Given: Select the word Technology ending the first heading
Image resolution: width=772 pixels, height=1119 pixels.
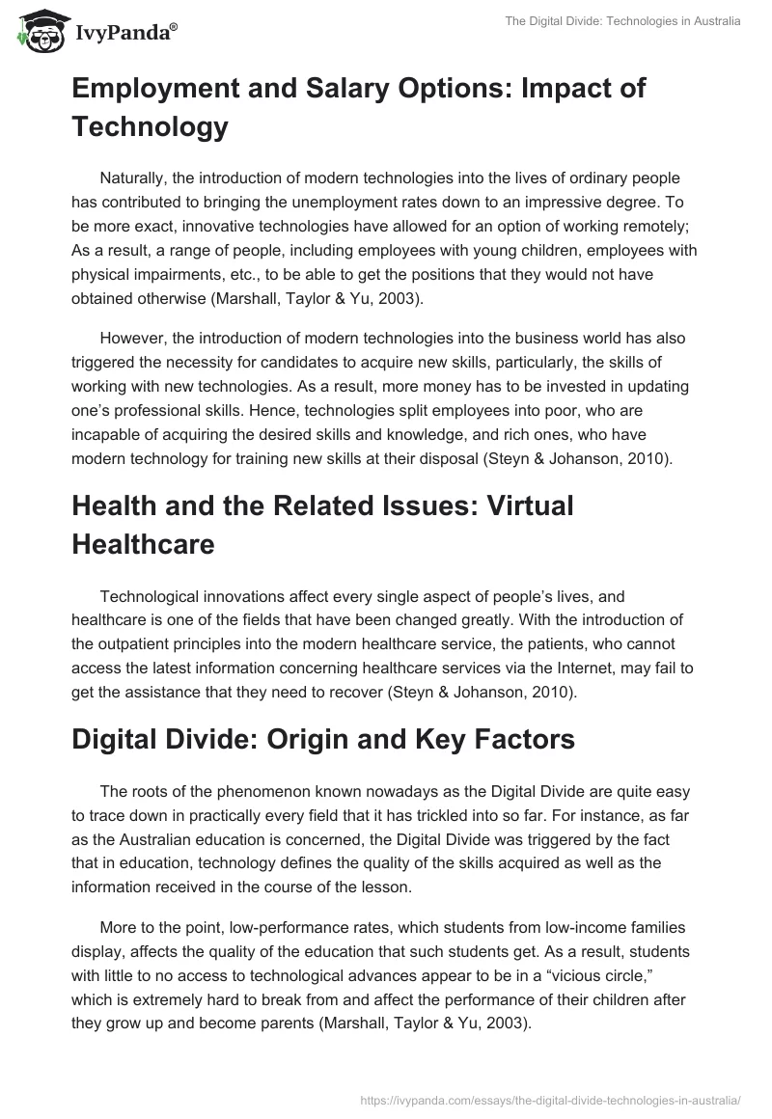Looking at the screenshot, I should click(149, 127).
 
